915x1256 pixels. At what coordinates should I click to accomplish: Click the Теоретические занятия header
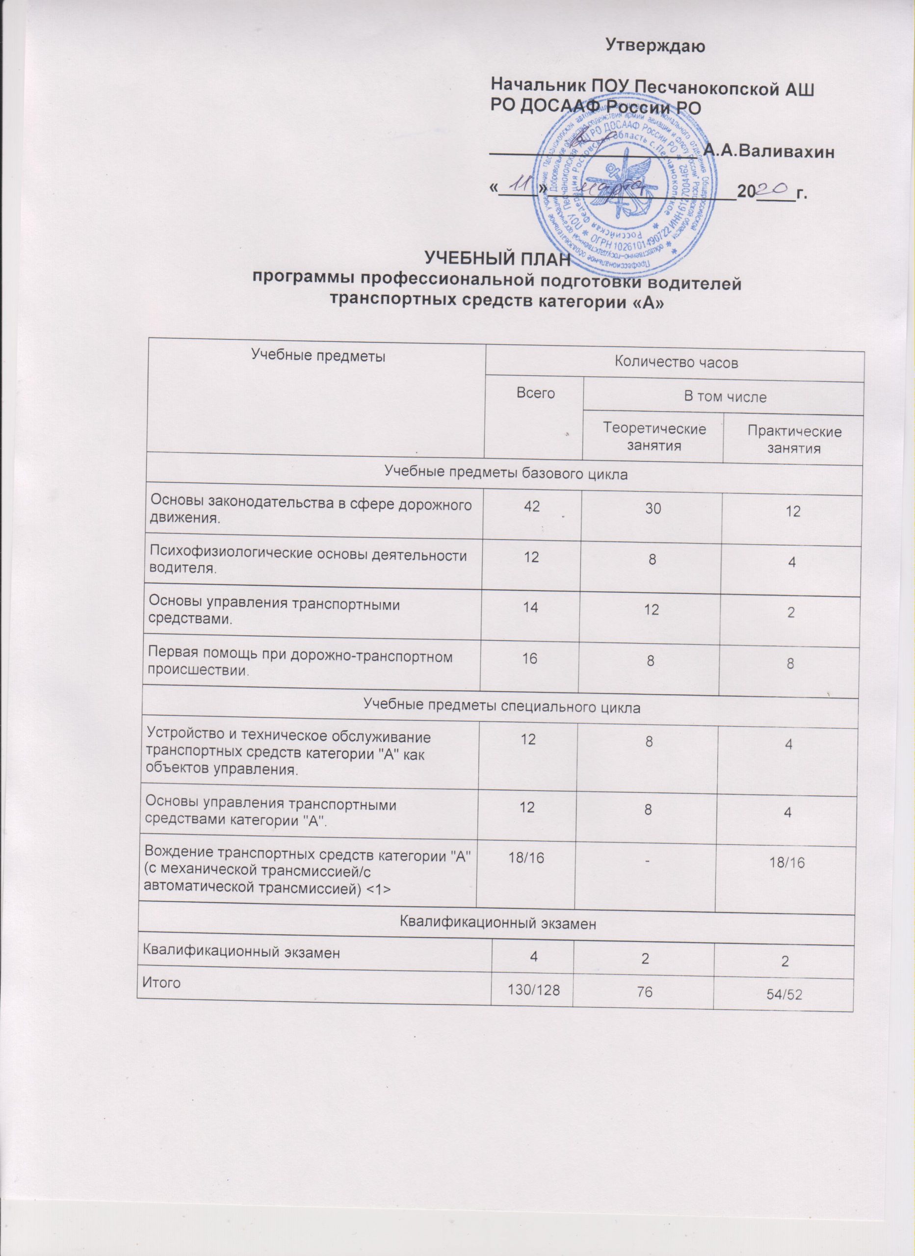pyautogui.click(x=654, y=436)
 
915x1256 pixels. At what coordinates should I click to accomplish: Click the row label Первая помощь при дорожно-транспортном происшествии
pyautogui.click(x=300, y=664)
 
